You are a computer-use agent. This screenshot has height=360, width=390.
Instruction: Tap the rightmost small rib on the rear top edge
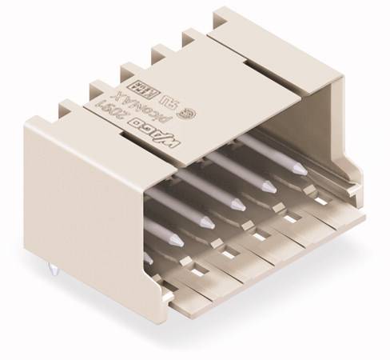tap(193, 35)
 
